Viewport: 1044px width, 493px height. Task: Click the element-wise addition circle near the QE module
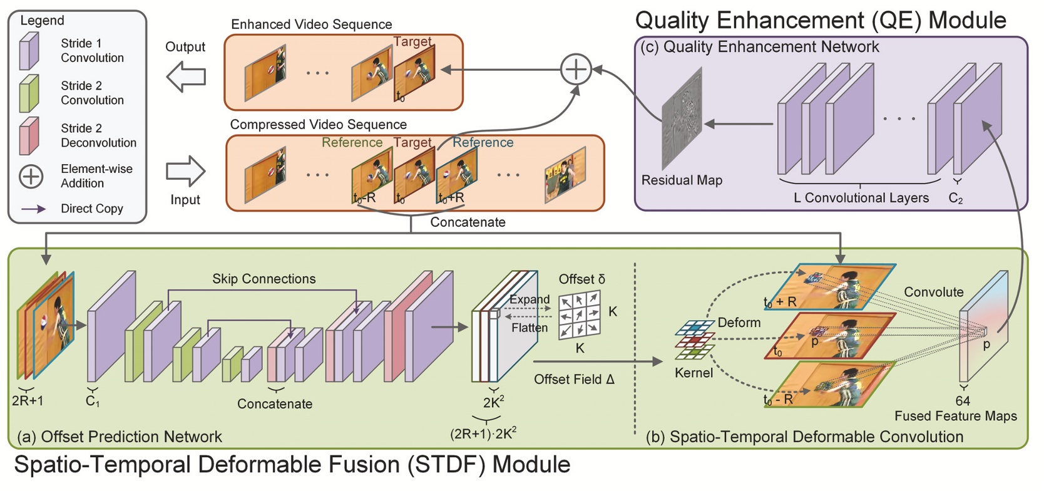575,69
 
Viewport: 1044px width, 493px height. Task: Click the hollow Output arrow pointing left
186,77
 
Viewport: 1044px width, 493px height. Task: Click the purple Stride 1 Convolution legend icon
29,51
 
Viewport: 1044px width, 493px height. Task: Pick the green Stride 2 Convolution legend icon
29,93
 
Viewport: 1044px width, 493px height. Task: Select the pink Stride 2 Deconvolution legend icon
29,135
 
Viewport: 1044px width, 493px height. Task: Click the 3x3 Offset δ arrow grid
579,314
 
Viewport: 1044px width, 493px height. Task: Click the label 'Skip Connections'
264,279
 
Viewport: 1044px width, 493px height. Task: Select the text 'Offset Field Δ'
574,380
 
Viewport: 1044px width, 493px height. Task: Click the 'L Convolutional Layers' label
861,198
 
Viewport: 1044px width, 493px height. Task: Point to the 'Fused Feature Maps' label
955,416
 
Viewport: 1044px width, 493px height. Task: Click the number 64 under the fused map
963,401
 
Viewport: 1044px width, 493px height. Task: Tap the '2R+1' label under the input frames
28,401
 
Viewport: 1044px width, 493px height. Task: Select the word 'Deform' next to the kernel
739,323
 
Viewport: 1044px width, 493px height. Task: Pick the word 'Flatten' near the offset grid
530,328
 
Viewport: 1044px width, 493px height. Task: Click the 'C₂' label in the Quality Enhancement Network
956,199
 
